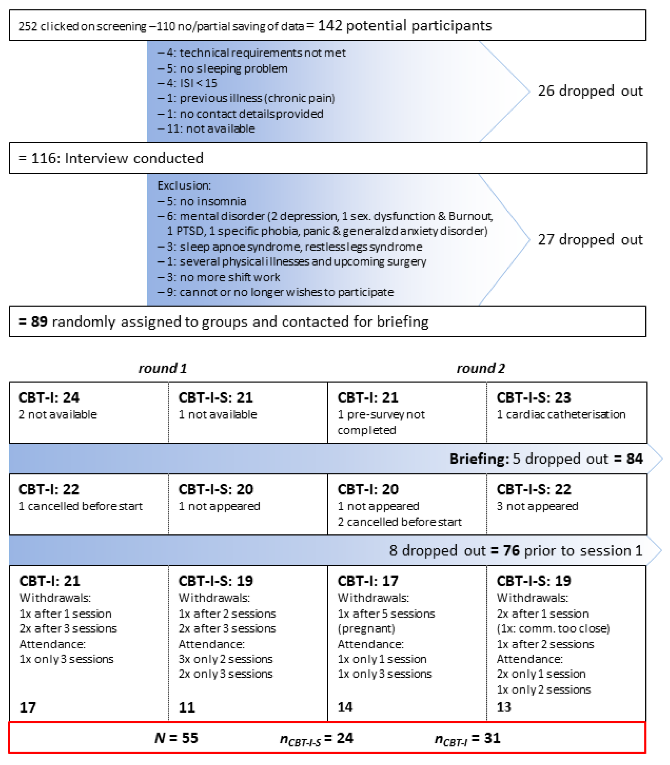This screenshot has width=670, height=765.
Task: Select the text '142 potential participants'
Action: point(405,26)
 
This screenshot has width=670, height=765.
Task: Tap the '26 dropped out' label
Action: point(590,91)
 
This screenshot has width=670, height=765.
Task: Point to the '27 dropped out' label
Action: point(590,239)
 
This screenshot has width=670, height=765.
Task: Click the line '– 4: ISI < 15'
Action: point(187,83)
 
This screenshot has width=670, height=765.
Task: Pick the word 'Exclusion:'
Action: point(184,185)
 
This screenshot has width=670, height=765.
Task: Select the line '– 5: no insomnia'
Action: point(202,202)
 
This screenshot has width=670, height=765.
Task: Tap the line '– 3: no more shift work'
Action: point(219,277)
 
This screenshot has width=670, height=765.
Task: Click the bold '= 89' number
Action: point(33,322)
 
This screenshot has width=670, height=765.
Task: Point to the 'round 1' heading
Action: point(163,368)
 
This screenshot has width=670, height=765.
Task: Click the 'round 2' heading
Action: point(480,368)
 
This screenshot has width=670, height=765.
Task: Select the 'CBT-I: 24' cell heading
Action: point(49,397)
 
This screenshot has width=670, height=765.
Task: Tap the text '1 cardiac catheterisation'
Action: point(561,414)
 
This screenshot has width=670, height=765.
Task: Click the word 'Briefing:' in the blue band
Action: point(479,459)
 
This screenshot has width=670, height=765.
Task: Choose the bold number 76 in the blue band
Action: point(511,550)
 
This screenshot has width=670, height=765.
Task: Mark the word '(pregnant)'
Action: point(366,629)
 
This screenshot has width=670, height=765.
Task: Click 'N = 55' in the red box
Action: point(176,738)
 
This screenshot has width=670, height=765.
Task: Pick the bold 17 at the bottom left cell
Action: point(28,707)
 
